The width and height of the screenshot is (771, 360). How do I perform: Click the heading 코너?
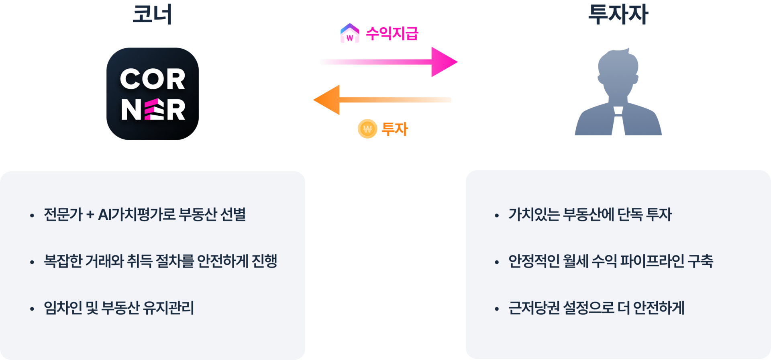[x=152, y=14]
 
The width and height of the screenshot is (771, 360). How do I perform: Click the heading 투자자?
[x=618, y=14]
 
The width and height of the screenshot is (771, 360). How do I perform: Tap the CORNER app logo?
[x=153, y=94]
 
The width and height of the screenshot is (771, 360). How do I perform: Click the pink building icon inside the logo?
[x=153, y=110]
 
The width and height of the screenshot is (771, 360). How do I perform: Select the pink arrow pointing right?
[x=389, y=62]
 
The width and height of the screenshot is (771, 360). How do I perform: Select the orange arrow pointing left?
[x=382, y=100]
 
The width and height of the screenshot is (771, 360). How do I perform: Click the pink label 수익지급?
[x=392, y=33]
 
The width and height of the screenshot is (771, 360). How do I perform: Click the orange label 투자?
[x=395, y=129]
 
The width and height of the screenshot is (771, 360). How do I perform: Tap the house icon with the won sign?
[x=350, y=34]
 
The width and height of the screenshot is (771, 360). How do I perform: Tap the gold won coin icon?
[x=367, y=129]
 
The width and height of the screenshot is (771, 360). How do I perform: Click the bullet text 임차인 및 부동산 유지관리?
[x=119, y=308]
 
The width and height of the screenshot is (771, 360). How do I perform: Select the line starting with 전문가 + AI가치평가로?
[x=145, y=215]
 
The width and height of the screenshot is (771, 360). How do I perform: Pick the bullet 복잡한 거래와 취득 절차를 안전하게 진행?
[x=161, y=261]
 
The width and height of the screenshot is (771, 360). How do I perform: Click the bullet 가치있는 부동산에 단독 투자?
[x=590, y=215]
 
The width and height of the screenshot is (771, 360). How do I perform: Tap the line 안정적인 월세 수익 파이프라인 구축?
[x=610, y=261]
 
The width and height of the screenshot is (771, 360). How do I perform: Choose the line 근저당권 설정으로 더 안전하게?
[x=596, y=308]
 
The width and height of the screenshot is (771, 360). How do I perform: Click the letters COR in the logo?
[x=153, y=79]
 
